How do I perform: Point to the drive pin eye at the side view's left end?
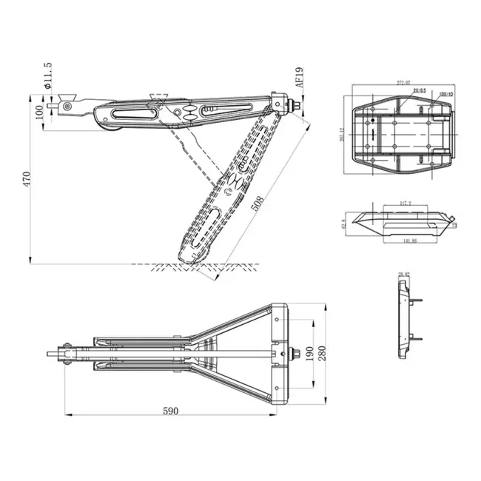coord(67,107)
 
